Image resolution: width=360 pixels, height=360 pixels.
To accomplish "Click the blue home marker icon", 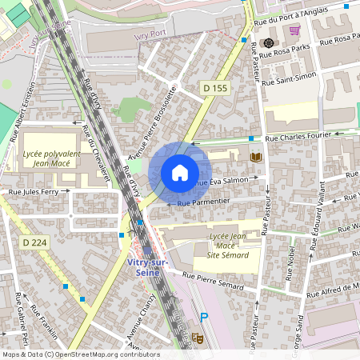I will point(180,173).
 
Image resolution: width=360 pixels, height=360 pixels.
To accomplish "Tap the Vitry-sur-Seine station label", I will point(150,268).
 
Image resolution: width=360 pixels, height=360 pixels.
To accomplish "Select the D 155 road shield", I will point(214,88).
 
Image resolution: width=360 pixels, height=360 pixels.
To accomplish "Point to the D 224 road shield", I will point(34,242).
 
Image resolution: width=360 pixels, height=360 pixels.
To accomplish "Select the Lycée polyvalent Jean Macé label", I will point(49,157).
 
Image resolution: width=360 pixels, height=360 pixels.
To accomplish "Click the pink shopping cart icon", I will point(294,30).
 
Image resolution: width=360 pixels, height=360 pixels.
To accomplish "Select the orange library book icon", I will point(256,158).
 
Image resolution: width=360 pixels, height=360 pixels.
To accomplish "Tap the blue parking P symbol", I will point(204,316).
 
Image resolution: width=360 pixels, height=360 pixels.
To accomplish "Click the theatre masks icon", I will point(196,339).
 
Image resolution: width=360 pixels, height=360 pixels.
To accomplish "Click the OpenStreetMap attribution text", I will point(81,354).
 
